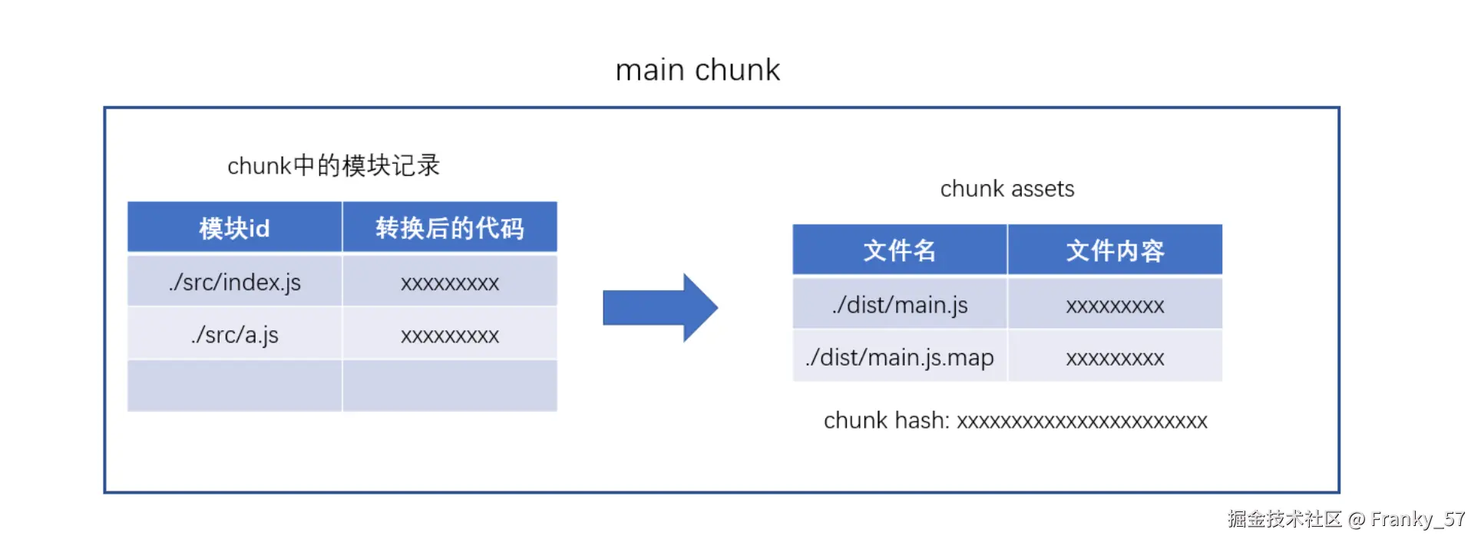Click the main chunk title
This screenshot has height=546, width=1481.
[x=697, y=70]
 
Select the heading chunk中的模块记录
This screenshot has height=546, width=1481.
[x=333, y=165]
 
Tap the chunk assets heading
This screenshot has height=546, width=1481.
[x=1007, y=189]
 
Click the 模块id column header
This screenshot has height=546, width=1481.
[x=234, y=228]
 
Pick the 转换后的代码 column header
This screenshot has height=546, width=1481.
[x=449, y=228]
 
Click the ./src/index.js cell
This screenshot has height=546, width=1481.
[x=234, y=282]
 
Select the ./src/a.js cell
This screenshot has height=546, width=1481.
[x=234, y=335]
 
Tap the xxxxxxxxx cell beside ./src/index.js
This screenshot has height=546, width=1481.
[x=449, y=283]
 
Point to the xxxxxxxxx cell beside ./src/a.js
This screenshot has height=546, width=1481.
[x=449, y=336]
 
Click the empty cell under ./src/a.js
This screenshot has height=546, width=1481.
[x=234, y=386]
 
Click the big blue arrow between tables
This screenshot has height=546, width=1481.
[x=660, y=307]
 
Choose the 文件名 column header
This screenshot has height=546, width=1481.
[x=899, y=250]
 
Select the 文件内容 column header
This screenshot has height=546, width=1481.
[x=1115, y=250]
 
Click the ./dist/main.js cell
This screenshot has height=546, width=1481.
[x=899, y=305]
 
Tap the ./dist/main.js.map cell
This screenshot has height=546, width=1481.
[x=899, y=357]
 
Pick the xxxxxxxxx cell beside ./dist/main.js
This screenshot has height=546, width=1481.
[x=1115, y=306]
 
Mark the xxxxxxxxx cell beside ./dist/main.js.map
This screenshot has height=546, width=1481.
[x=1115, y=358]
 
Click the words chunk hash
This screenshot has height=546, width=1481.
[x=885, y=421]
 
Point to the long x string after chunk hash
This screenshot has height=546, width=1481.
[x=1082, y=422]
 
